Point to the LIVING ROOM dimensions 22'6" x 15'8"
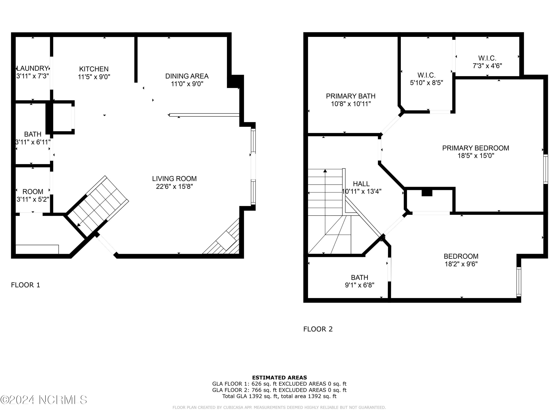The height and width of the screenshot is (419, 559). coord(174,186)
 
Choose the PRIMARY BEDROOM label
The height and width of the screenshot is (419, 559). coord(476,148)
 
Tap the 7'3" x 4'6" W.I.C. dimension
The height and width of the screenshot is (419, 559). coord(487,66)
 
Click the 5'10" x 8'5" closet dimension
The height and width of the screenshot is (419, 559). coord(427,83)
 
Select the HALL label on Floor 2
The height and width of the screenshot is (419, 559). coord(361,184)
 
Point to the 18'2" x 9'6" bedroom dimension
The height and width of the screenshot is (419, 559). coord(461,264)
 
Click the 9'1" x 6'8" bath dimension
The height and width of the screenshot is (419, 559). coord(360,285)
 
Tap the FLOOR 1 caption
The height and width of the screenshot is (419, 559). coord(26,285)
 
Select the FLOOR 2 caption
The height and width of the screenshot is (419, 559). coord(318,329)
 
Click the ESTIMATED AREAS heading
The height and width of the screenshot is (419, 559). coord(279,378)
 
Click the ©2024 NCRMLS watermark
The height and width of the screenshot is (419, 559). coord(43,400)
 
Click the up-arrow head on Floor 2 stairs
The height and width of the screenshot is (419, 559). coord(325,171)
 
